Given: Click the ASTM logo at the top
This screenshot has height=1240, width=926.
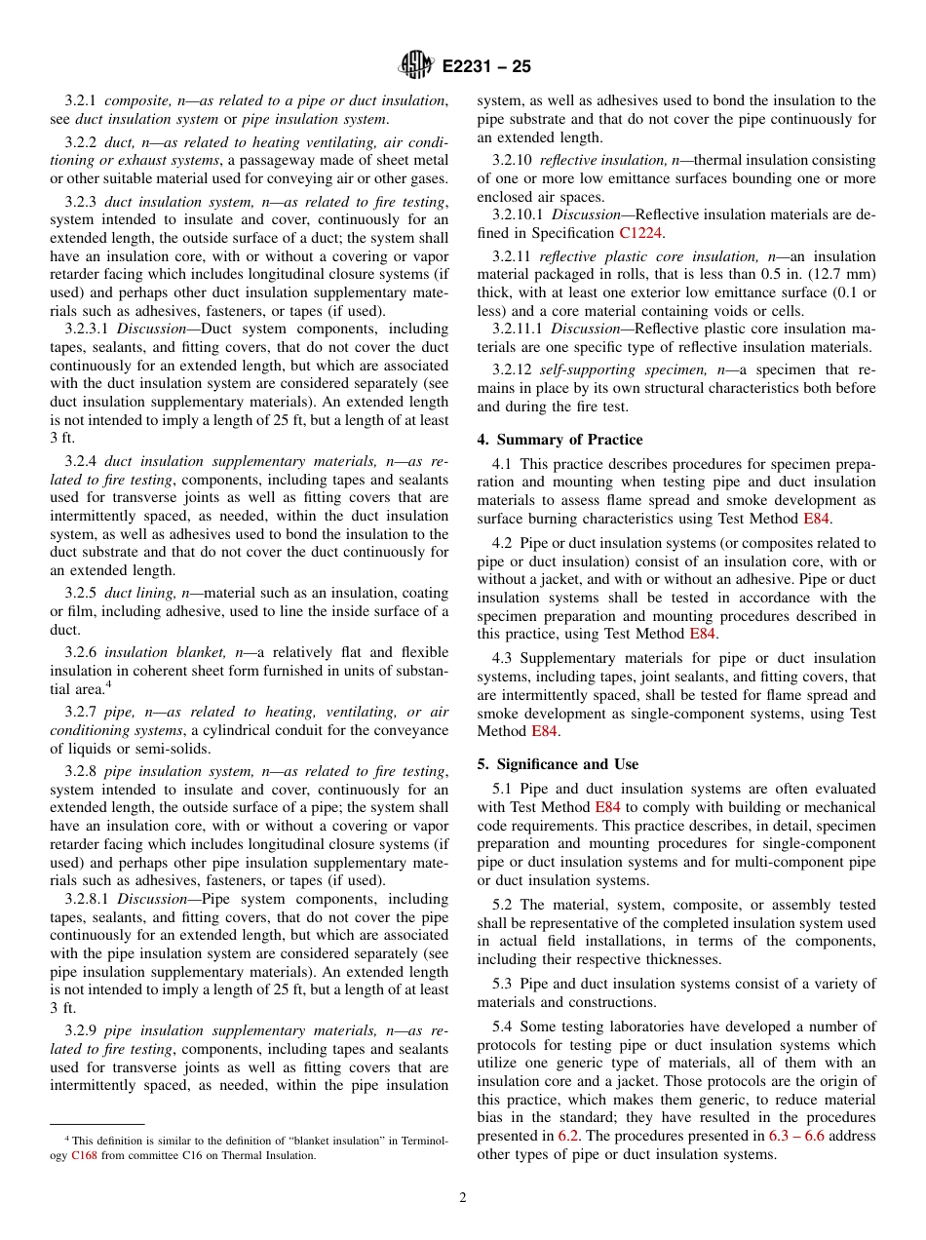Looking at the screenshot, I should (416, 66).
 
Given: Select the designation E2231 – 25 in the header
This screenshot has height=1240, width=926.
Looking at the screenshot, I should (486, 67).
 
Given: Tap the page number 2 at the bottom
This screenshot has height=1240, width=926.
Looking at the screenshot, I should (463, 1198).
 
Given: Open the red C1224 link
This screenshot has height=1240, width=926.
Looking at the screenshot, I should (642, 233).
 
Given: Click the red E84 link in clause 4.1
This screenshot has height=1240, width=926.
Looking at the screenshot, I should (816, 519).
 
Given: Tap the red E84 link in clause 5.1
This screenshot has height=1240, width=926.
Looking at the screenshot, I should (607, 807).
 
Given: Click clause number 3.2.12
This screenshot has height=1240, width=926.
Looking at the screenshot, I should (511, 370).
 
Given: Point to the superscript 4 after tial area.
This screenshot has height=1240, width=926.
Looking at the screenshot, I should (108, 684).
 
